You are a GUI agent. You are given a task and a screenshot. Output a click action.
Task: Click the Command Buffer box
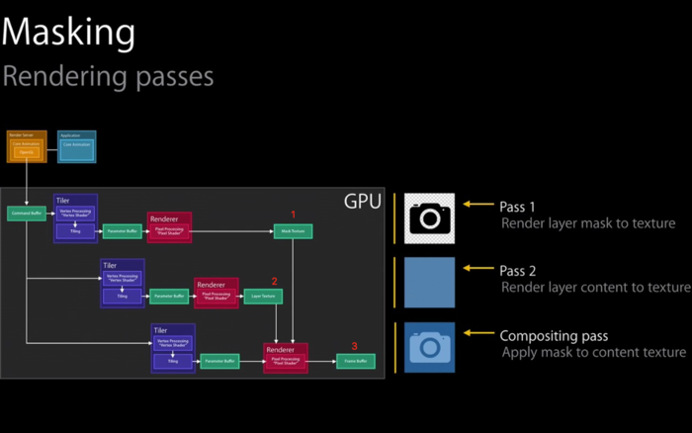pos(25,214)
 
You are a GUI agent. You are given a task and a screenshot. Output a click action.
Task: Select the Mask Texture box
pos(293,231)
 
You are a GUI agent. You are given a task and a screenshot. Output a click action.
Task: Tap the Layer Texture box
pos(263,296)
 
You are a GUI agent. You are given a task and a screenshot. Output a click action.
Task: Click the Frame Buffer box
pos(355,362)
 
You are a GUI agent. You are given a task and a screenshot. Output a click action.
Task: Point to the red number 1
pos(293,214)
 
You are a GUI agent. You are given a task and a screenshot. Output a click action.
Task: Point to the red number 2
pos(275,281)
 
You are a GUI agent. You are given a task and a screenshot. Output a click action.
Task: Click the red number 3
pos(355,346)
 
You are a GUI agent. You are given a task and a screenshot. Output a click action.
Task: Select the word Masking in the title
pos(68,32)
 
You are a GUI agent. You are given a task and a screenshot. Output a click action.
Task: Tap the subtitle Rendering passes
pos(108,75)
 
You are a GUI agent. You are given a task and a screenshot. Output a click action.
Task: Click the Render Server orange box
pos(27,146)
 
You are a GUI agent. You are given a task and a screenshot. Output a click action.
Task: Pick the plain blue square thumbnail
pos(430,283)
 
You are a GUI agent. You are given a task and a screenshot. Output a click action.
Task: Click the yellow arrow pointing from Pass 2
pos(477,269)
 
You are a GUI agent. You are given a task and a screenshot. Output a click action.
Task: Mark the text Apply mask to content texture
pos(593,352)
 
